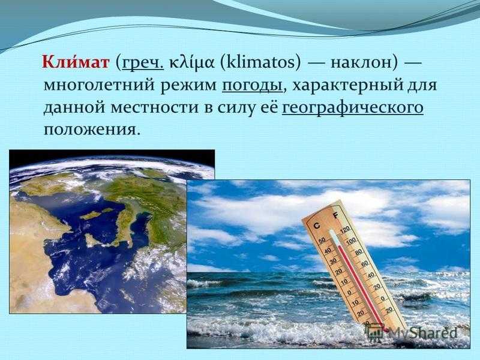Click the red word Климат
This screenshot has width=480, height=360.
click(76, 62)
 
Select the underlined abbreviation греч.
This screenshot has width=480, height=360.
click(143, 64)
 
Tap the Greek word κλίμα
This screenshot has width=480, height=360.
click(191, 63)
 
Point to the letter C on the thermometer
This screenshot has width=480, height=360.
click(317, 226)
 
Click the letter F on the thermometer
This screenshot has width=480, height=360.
click(336, 215)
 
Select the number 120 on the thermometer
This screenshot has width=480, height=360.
click(344, 229)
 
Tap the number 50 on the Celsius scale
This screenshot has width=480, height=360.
click(322, 241)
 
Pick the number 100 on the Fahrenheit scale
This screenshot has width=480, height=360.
click(351, 242)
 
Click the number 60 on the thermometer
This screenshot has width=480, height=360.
click(365, 263)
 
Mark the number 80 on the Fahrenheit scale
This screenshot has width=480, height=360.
click(358, 252)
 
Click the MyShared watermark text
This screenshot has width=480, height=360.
click(422, 332)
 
